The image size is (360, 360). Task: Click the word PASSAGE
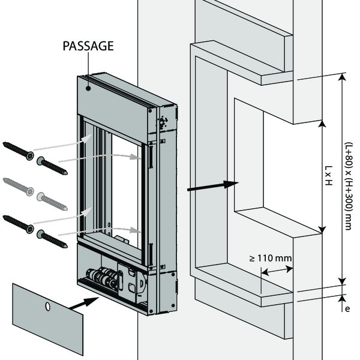[x=88, y=45]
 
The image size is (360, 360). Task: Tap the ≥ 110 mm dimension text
[x=271, y=258]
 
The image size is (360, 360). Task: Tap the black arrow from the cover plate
[x=80, y=304]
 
